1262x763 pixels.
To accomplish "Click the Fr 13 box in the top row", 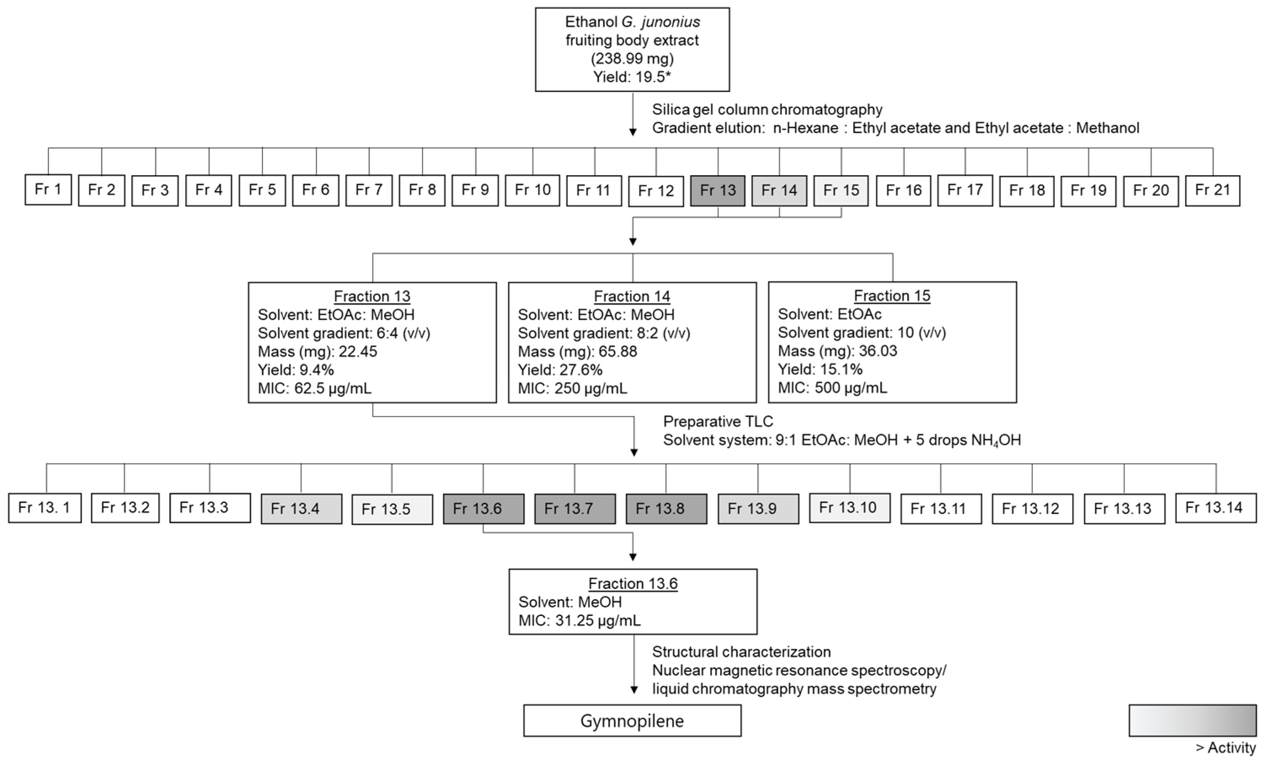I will click(718, 190).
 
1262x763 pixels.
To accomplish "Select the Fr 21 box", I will click(1212, 190).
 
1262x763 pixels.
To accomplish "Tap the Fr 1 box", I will click(48, 190).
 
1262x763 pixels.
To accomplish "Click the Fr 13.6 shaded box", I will click(483, 509).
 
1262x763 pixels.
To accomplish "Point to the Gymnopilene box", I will click(632, 721).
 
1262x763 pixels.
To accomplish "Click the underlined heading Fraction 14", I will click(632, 296).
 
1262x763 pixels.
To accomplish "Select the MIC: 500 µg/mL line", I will click(832, 388).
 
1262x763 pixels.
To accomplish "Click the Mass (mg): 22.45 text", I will click(318, 351).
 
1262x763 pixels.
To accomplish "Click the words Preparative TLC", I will click(718, 422).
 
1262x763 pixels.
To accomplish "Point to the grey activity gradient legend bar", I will click(1193, 720).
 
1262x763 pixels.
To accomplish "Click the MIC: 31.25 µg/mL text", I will click(579, 621).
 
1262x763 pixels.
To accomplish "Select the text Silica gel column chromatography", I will click(767, 110).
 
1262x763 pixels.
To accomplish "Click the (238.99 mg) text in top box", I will click(632, 59).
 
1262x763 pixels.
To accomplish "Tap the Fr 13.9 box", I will click(758, 509).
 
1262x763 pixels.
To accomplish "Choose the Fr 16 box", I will click(904, 190).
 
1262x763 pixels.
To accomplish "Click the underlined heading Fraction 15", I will click(892, 296).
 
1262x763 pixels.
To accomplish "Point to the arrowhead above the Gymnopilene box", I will click(634, 690).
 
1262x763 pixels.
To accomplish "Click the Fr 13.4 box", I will click(301, 509).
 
